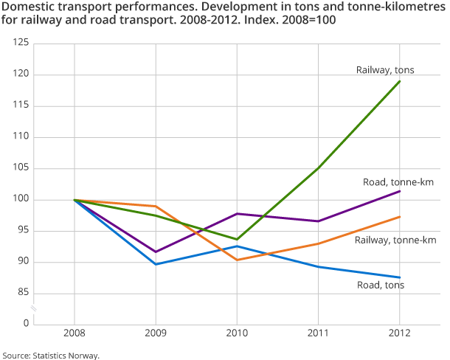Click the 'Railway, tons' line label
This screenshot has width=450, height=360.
[384, 70]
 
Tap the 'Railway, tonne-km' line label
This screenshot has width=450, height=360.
[395, 240]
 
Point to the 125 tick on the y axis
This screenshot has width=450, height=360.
[21, 44]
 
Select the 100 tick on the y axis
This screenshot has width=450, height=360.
[21, 200]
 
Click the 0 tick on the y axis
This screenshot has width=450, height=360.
[25, 324]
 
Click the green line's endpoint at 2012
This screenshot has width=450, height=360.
[400, 81]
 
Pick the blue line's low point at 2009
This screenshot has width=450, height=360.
[155, 264]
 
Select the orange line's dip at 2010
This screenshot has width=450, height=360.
[237, 260]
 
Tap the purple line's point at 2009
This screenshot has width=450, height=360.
[155, 252]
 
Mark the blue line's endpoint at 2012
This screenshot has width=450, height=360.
[400, 277]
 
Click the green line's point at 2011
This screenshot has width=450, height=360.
[318, 168]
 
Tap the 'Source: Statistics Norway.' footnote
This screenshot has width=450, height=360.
[50, 355]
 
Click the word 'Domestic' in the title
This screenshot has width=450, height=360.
[27, 7]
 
